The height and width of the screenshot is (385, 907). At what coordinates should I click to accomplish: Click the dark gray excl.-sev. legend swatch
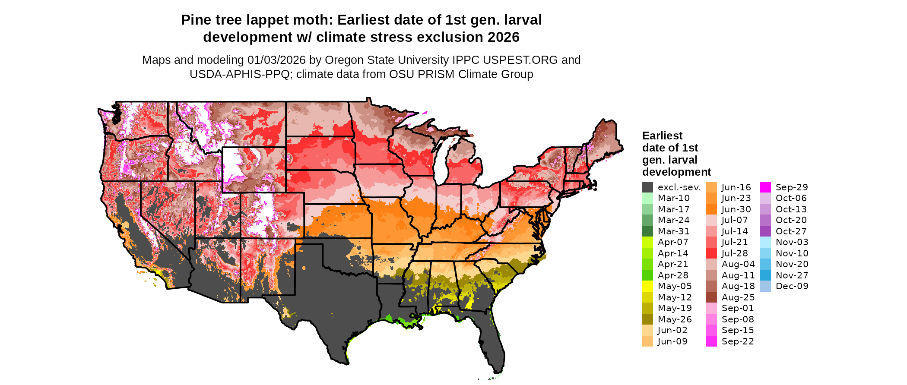point(647,187)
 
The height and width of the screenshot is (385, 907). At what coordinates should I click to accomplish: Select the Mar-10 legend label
point(673,198)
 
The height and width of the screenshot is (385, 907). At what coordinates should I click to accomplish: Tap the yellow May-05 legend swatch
point(647,286)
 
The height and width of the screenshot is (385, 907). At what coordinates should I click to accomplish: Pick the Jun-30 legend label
point(736,209)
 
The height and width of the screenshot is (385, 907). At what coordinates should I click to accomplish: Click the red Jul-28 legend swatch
point(711,253)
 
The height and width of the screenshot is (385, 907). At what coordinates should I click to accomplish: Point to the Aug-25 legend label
point(738,297)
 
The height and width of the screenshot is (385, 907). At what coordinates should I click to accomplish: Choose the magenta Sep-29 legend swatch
point(765,187)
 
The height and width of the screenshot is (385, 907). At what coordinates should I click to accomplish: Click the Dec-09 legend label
point(792,286)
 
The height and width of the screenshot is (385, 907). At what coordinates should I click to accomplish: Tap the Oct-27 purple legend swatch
point(765,231)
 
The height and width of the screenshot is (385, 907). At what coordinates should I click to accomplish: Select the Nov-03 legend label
point(792,242)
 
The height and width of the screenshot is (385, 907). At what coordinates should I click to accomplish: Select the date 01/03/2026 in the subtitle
point(276,60)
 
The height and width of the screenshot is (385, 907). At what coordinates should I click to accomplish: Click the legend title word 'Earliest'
point(662,136)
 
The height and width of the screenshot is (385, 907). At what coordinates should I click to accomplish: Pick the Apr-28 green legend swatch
point(647,275)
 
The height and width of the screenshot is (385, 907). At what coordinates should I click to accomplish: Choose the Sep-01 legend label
point(738,308)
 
